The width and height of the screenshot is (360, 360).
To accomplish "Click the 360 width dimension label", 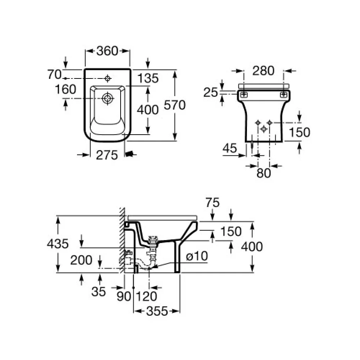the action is (x=107, y=51).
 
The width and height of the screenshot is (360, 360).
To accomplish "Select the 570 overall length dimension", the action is (x=175, y=105).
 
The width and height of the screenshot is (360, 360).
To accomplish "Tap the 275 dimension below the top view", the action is (x=107, y=155).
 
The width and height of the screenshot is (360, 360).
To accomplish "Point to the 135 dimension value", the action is (x=148, y=78).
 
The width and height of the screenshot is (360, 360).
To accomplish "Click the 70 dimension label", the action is (x=54, y=75).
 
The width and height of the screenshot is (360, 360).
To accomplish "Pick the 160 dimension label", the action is (x=66, y=89).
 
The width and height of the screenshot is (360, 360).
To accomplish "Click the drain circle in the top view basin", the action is (x=107, y=99).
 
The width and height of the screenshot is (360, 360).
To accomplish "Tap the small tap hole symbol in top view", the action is (x=108, y=78).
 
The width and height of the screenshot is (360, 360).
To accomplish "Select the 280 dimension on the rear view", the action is (x=264, y=71).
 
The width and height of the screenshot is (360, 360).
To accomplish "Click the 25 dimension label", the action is (x=211, y=93).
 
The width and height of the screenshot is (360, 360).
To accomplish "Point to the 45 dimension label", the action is (x=230, y=148).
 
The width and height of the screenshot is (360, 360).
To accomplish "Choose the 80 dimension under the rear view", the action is (x=264, y=173).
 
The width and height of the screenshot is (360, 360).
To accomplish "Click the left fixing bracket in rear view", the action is (x=244, y=94).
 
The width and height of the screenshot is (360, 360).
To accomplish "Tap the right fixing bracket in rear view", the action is (x=284, y=94).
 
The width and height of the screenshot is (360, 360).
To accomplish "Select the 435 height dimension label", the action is (x=58, y=244).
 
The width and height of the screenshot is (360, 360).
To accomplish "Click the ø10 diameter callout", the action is (x=197, y=256).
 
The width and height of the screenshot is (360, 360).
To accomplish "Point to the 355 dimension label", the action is (x=157, y=311).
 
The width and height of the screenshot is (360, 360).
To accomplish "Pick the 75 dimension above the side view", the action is (x=212, y=203).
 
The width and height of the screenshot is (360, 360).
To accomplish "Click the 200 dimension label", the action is (x=81, y=260).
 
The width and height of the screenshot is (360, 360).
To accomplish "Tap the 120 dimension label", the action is (x=147, y=296).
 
